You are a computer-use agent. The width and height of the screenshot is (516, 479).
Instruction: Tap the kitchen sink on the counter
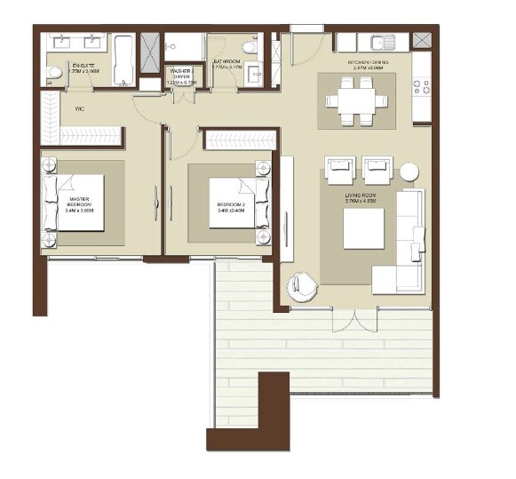tap(385, 42)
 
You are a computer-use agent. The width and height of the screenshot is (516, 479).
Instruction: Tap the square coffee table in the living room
tap(363, 228)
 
